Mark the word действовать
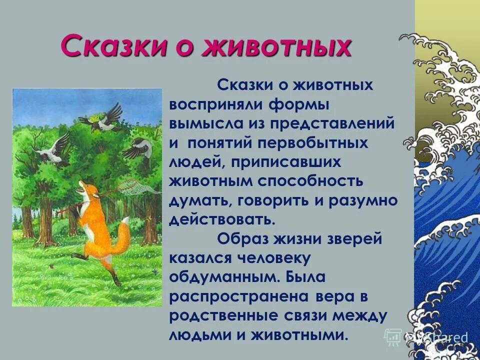tap(223, 220)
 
